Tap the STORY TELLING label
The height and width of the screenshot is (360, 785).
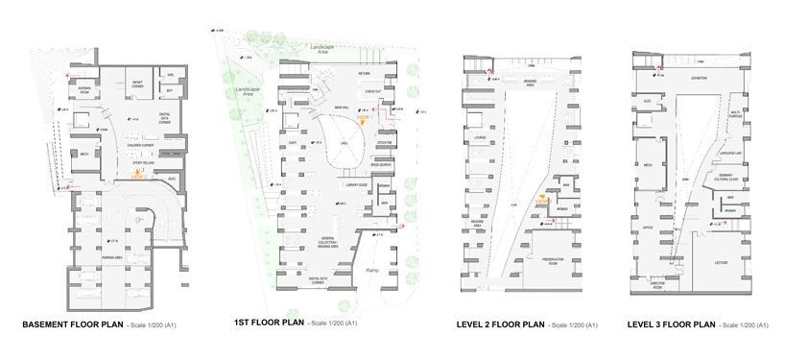click(144, 165)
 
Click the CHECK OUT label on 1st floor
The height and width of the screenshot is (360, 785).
click(372, 91)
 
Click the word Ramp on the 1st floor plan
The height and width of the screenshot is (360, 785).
click(372, 272)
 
